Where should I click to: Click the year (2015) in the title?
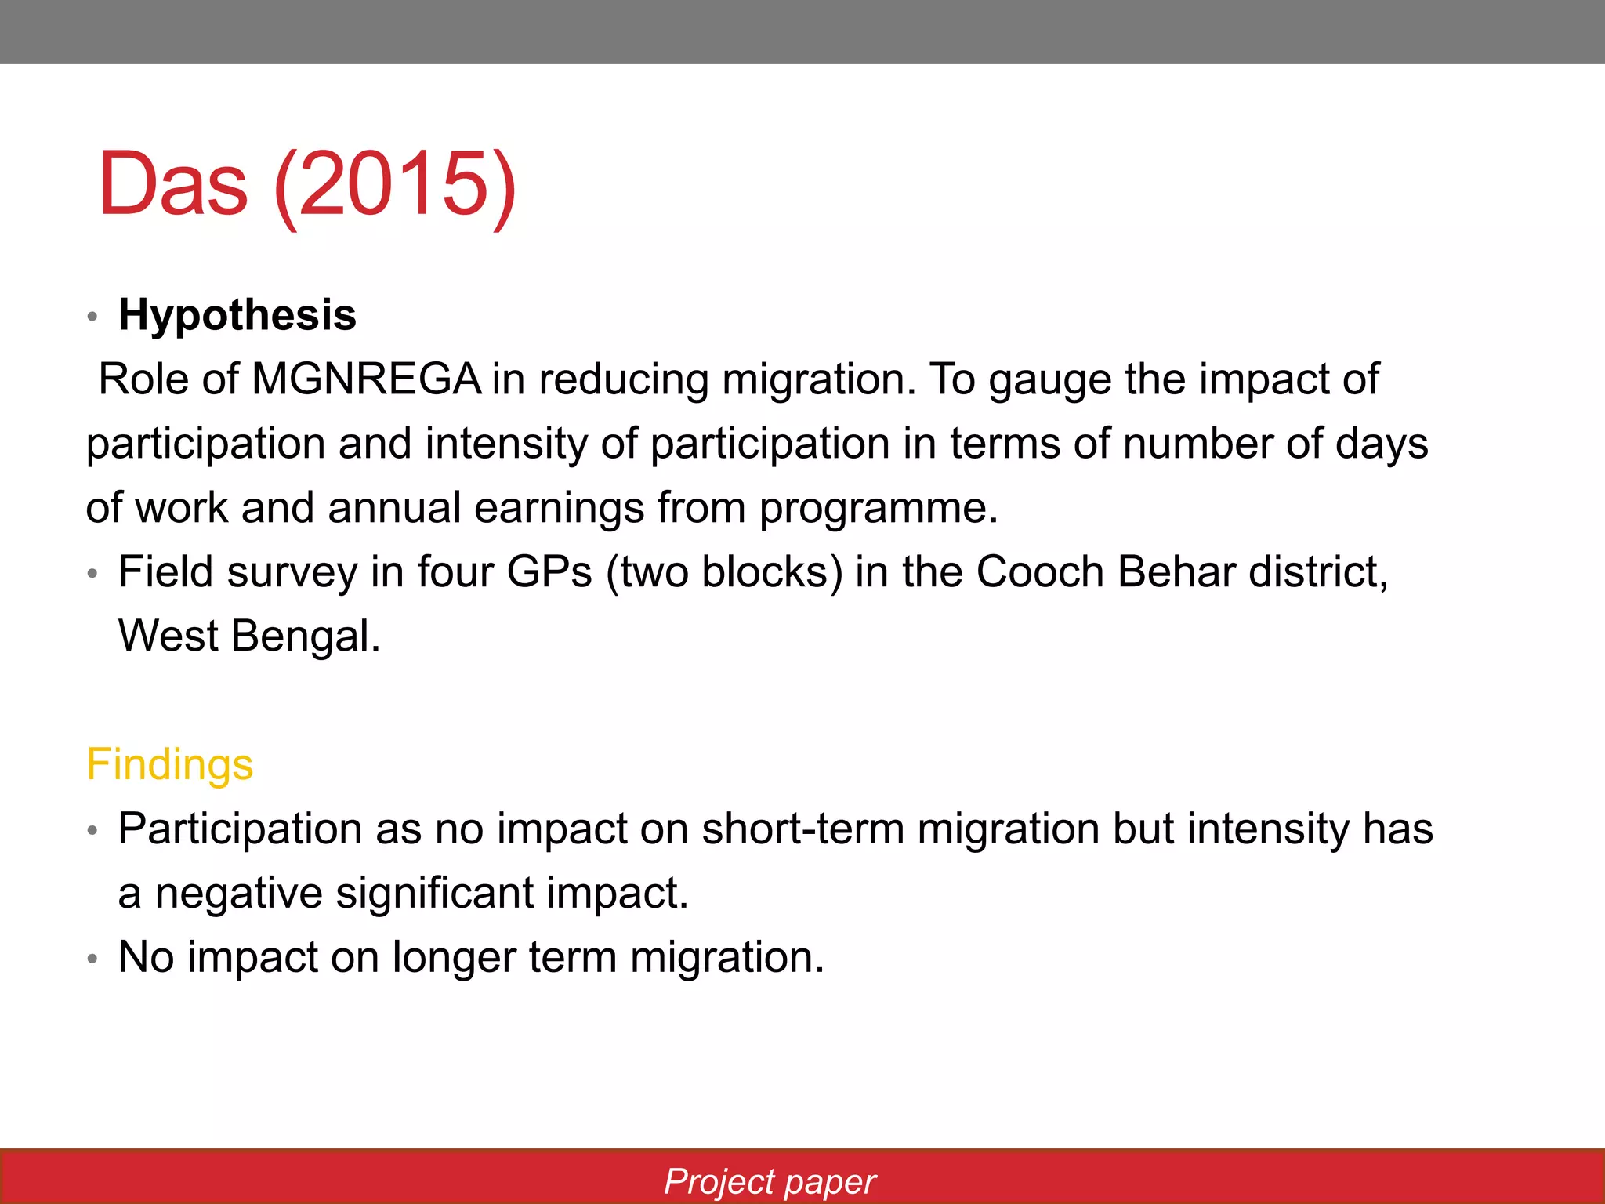(x=394, y=185)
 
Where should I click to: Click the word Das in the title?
(x=173, y=185)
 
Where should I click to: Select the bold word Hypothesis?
(x=237, y=315)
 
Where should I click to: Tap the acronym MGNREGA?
(x=366, y=379)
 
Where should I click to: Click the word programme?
(x=877, y=509)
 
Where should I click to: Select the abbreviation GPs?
(x=549, y=572)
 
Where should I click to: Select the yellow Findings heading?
(x=169, y=765)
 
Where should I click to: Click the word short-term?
(x=802, y=829)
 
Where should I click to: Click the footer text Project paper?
(x=770, y=1182)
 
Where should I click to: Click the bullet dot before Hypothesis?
(x=92, y=317)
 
